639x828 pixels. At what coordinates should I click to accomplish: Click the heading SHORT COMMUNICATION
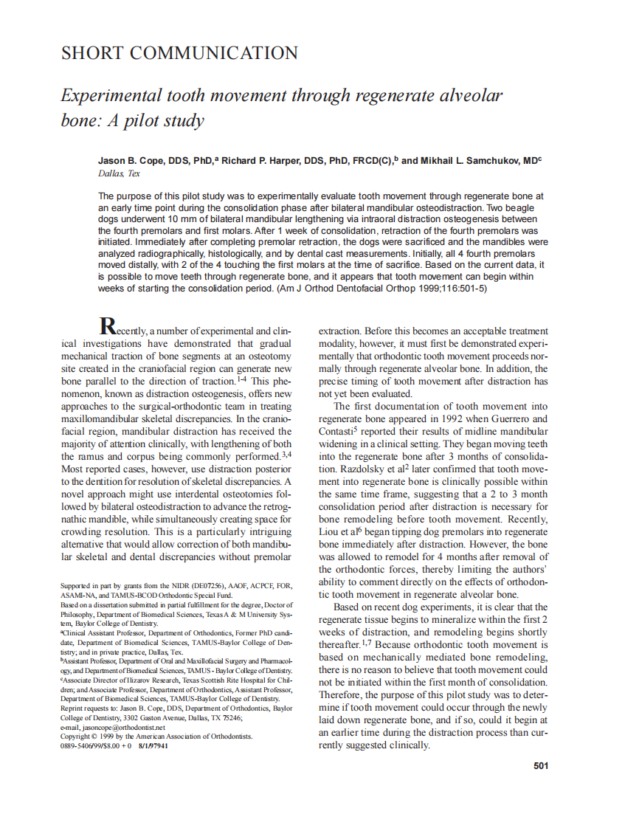point(179,54)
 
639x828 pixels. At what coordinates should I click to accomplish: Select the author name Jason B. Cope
point(130,160)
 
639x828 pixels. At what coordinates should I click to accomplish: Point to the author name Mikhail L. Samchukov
point(475,160)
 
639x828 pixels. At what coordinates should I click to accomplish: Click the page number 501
point(541,766)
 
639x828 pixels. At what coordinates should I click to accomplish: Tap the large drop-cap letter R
point(108,325)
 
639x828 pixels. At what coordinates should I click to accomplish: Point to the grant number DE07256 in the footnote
point(217,586)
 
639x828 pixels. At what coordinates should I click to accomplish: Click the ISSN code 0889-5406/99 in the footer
point(85,746)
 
